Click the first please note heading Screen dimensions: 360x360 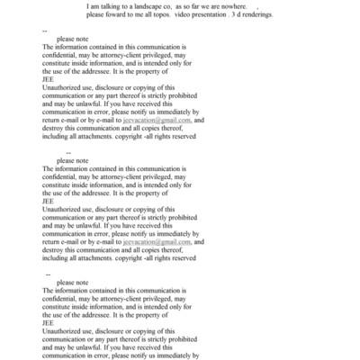(73, 40)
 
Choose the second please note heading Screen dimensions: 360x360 (73, 161)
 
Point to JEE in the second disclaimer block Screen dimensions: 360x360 (49, 199)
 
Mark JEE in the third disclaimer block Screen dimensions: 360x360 (49, 320)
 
